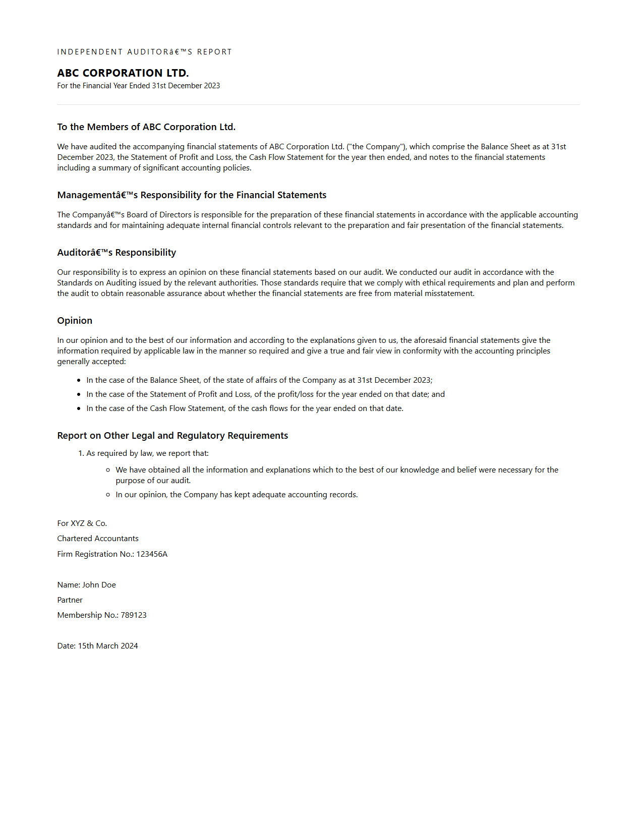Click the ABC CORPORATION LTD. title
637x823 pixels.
pos(123,73)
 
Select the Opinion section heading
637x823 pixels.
pos(75,321)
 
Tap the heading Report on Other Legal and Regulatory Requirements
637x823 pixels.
pos(172,436)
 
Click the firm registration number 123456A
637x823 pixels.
pos(152,554)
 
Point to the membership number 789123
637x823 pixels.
pos(134,615)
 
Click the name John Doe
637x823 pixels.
pos(99,585)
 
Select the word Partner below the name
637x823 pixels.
pos(70,600)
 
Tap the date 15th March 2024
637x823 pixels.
pos(107,646)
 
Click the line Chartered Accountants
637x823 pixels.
pos(98,539)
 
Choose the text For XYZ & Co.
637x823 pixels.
pos(82,523)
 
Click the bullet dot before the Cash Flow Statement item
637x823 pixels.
pos(79,408)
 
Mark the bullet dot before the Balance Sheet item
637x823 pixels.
pos(79,380)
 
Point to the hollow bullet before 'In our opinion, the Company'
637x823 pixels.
pos(108,495)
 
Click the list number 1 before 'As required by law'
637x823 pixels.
pos(81,453)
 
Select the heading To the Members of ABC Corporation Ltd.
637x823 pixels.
pos(146,127)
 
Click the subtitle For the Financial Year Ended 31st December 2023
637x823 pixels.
pos(139,86)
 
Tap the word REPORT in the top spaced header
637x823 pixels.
pos(214,52)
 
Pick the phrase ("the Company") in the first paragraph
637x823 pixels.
pos(376,147)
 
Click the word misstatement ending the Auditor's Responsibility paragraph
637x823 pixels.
pos(448,293)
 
